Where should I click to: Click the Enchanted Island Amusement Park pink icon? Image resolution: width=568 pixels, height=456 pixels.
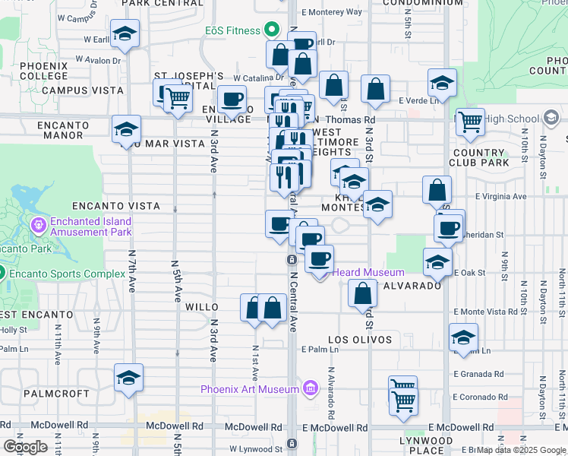click(39, 225)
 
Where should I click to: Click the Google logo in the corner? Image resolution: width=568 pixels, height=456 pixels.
click(25, 446)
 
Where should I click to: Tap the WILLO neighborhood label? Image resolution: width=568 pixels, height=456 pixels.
click(202, 307)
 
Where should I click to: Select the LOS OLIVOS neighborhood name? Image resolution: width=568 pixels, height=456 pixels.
click(360, 340)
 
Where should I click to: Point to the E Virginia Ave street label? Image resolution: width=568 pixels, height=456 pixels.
click(500, 196)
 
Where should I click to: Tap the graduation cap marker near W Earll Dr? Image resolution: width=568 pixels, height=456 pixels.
click(124, 34)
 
